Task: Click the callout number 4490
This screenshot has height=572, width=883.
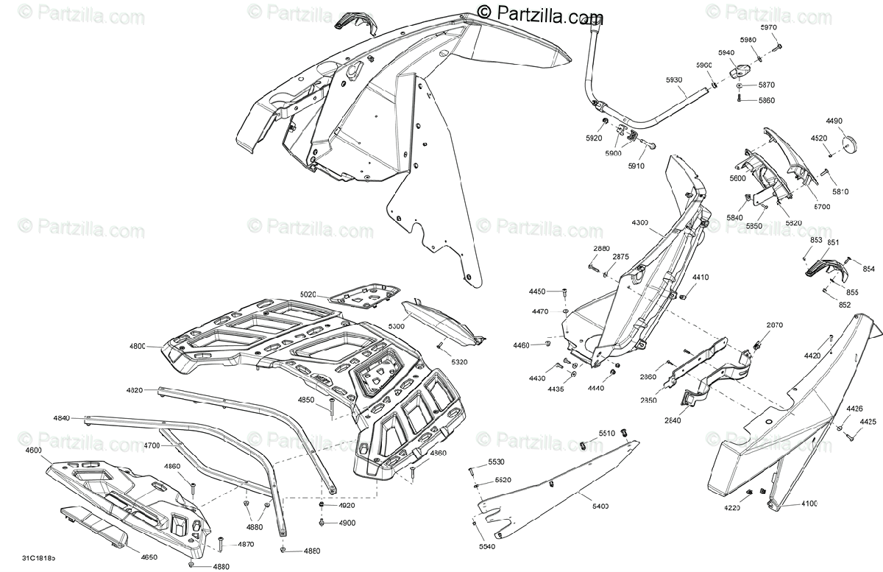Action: pyautogui.click(x=834, y=121)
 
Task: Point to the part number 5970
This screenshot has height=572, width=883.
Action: pyautogui.click(x=768, y=27)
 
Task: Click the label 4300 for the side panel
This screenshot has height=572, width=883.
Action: pyautogui.click(x=640, y=222)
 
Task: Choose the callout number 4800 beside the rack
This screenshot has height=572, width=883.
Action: pyautogui.click(x=136, y=345)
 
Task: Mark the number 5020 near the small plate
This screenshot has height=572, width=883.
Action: pyautogui.click(x=308, y=294)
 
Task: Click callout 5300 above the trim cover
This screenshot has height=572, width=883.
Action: pyautogui.click(x=396, y=325)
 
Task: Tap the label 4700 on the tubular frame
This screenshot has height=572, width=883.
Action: pyautogui.click(x=152, y=445)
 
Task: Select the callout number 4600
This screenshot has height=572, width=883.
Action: pyautogui.click(x=34, y=450)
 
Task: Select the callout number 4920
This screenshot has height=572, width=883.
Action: pyautogui.click(x=347, y=506)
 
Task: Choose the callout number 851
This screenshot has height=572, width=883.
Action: pyautogui.click(x=833, y=242)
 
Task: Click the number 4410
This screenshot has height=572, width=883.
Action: pyautogui.click(x=700, y=278)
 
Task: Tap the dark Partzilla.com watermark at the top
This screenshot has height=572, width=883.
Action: pyautogui.click(x=541, y=12)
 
